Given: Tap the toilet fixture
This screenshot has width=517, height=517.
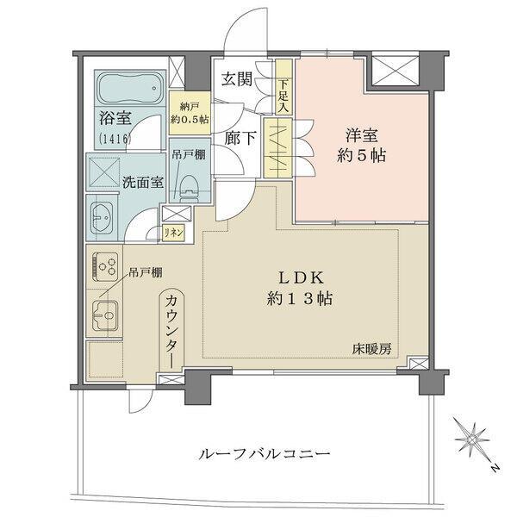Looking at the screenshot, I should tap(189, 180).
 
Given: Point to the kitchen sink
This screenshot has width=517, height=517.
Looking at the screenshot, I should tap(105, 316).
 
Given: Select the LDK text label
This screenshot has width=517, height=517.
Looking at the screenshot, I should tap(299, 278).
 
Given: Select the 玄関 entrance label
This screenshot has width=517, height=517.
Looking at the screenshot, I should tap(236, 81).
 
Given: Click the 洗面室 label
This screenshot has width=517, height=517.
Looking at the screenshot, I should tap(142, 183).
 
